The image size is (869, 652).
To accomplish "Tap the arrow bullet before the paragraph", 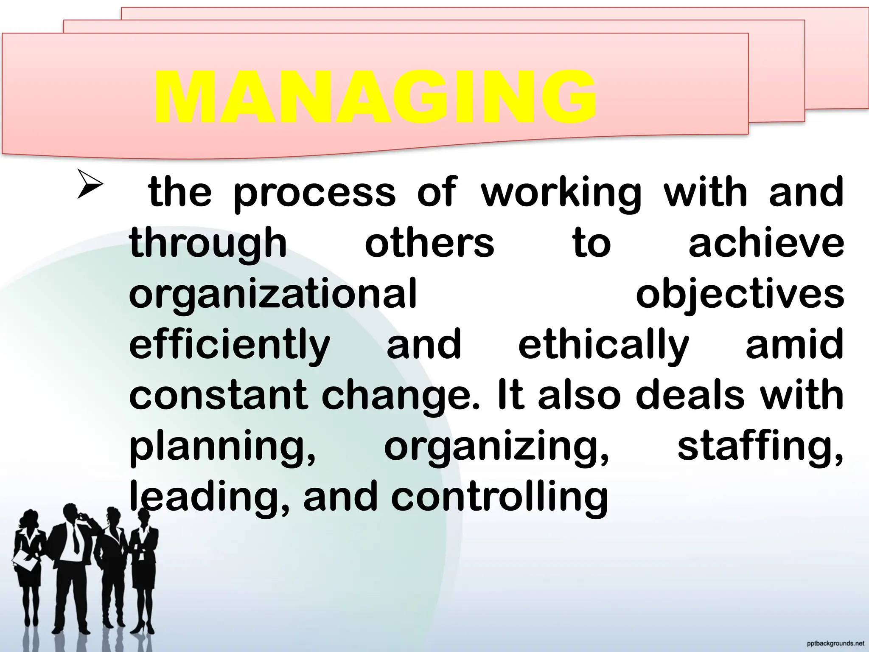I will [90, 184].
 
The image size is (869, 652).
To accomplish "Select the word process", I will [314, 194].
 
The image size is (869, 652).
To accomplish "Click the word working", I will [561, 194].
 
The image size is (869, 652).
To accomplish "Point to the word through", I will [208, 244].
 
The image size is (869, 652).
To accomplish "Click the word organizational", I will [273, 295].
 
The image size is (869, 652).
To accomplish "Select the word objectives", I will [740, 295].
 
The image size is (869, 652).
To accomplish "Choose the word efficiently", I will [230, 346].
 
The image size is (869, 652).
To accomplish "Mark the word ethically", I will [603, 346].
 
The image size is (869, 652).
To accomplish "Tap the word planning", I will [223, 448].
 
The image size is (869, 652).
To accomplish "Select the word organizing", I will [496, 448].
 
